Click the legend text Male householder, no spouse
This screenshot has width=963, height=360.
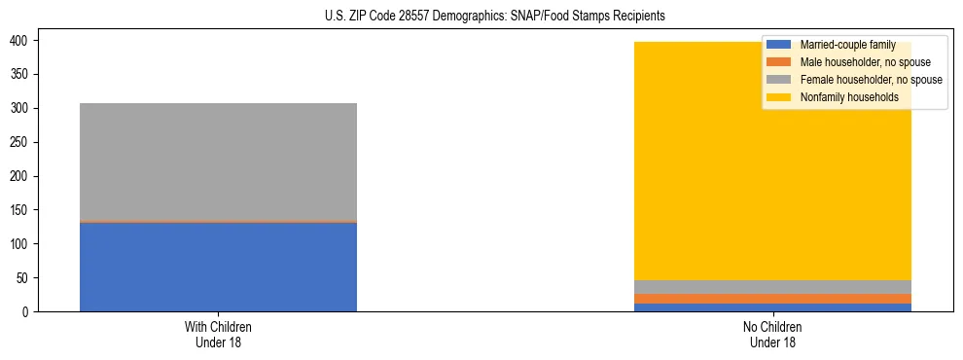865,62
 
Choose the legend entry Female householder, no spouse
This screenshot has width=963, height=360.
871,80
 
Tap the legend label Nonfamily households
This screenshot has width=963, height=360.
848,97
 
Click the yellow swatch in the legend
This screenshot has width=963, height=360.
779,97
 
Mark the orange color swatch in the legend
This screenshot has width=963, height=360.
779,62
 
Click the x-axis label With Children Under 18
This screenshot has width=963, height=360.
218,334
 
